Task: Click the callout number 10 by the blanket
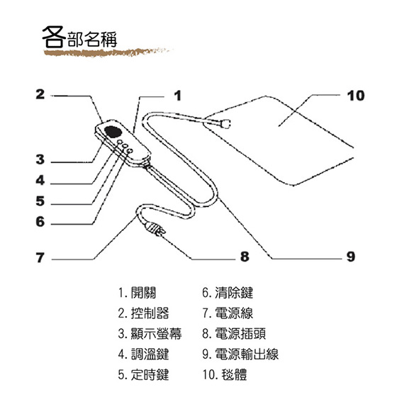tap(356, 96)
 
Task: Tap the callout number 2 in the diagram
tap(40, 94)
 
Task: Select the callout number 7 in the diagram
tap(40, 257)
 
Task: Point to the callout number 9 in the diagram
tap(351, 257)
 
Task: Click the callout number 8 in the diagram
tap(245, 257)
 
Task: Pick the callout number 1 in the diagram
tap(178, 96)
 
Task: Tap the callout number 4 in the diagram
tap(40, 180)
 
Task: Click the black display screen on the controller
tap(113, 132)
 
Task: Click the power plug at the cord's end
tap(155, 230)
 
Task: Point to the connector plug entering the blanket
tap(225, 124)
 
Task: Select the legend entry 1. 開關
tap(137, 293)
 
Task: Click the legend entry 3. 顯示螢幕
tap(150, 334)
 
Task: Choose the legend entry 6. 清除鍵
tap(228, 293)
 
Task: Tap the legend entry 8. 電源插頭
tap(234, 334)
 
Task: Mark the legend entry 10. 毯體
tap(225, 375)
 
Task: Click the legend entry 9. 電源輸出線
tap(240, 354)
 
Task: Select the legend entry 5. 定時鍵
tap(143, 375)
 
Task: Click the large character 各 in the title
tap(54, 37)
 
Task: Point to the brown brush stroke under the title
tap(108, 52)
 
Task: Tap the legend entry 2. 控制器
tap(143, 313)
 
